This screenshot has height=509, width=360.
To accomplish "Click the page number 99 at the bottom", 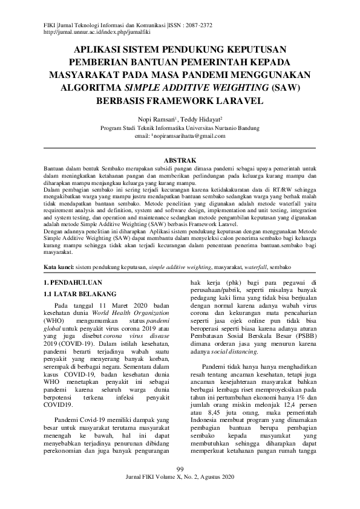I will tap(180, 487).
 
